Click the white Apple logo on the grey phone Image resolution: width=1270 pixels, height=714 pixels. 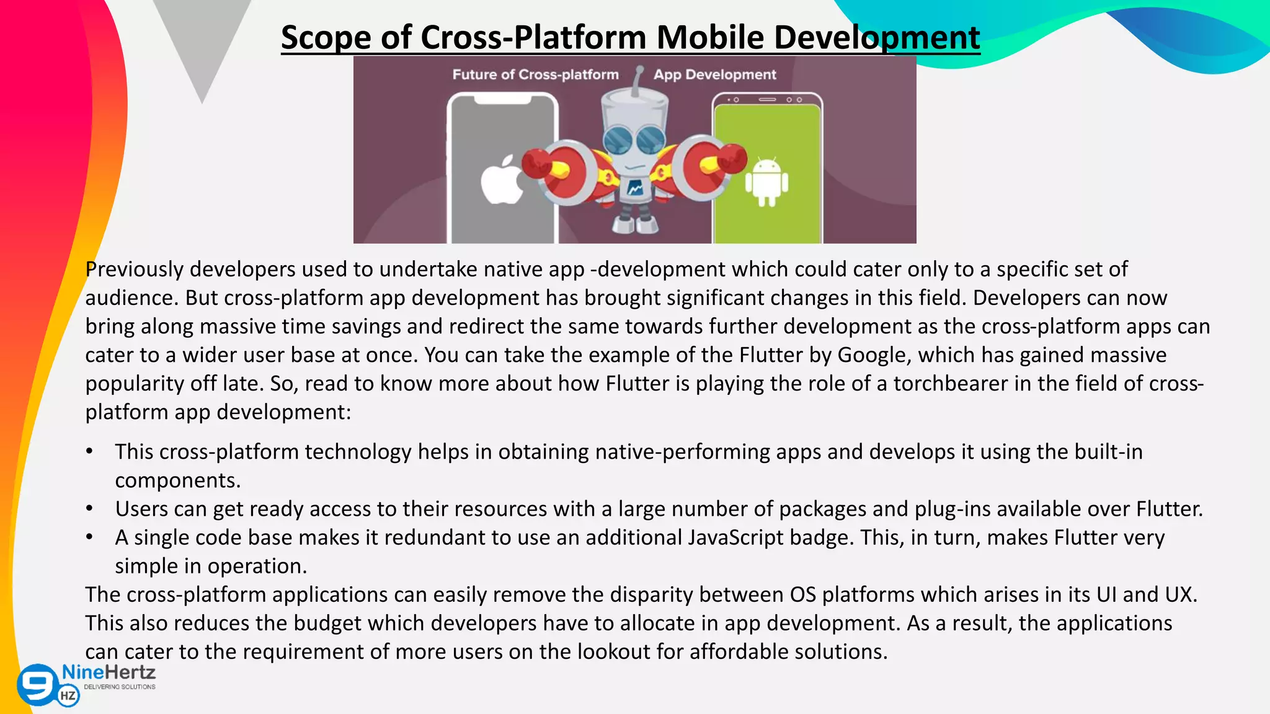502,181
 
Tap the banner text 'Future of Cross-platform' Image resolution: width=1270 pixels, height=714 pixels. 535,75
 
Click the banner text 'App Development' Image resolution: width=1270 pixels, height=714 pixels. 714,75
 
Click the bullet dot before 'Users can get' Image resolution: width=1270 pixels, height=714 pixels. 90,509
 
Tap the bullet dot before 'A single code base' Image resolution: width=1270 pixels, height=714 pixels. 90,537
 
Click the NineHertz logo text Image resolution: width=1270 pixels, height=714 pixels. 109,672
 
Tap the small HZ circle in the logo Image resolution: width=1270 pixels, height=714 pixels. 68,695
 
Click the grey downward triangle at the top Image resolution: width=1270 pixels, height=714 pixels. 202,43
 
